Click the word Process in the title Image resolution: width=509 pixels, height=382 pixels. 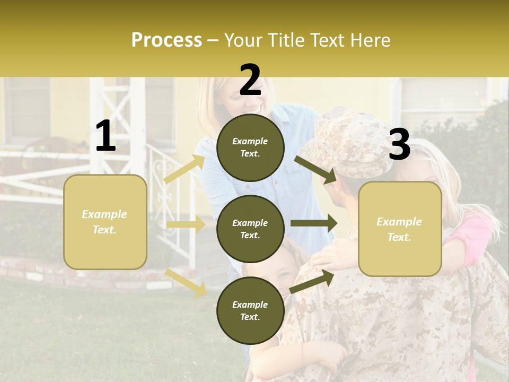pos(166,40)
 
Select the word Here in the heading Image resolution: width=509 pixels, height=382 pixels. pos(370,40)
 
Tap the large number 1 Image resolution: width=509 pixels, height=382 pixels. pos(106,136)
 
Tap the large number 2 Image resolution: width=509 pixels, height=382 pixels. pos(250,81)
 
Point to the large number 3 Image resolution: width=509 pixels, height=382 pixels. pos(399,145)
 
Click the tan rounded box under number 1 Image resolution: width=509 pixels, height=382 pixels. pos(105,222)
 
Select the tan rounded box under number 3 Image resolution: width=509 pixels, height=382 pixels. pos(400,229)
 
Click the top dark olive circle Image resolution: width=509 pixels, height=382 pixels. pos(250,147)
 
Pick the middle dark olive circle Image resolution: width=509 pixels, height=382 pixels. pos(250,229)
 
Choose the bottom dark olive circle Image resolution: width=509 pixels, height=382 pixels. pos(250,310)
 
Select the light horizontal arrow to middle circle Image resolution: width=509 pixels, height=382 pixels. pos(186,224)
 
